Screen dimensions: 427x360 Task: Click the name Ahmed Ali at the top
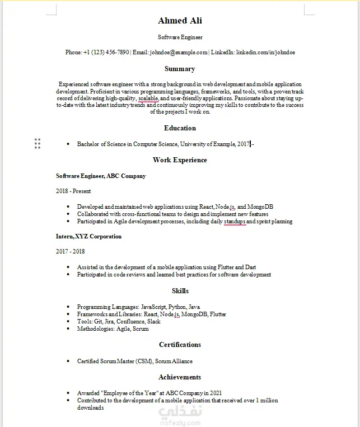[180, 21]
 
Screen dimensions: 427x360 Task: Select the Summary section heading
[180, 69]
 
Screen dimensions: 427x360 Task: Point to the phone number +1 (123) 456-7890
[106, 52]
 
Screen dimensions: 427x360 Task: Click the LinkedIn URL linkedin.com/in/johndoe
[265, 52]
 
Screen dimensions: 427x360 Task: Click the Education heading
[180, 128]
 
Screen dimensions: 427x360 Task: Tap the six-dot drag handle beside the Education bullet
[38, 144]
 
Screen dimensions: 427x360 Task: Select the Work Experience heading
[180, 160]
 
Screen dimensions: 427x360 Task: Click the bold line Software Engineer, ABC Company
[101, 176]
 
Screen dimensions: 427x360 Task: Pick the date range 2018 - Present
[73, 191]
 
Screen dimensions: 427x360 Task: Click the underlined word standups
[235, 222]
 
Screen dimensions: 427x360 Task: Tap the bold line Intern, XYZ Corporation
[88, 236]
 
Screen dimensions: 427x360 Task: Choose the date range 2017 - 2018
[70, 252]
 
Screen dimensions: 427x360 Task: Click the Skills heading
[180, 291]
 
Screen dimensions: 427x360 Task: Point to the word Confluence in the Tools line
[131, 322]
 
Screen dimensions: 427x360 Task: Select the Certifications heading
[180, 345]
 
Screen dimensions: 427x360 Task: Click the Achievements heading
[180, 377]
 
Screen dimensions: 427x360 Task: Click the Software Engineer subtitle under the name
[180, 37]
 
